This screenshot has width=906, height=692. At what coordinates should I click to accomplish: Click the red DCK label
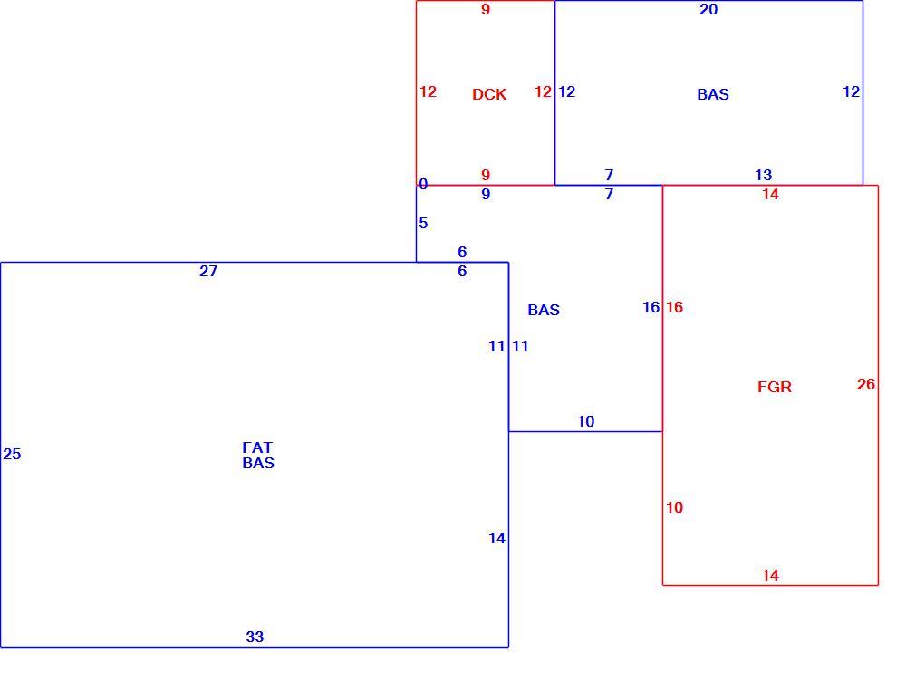click(x=489, y=94)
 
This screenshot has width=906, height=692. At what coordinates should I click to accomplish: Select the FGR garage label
click(x=775, y=387)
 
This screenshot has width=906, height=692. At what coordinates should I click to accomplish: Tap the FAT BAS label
click(x=257, y=456)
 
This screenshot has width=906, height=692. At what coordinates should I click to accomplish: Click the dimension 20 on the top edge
click(x=708, y=9)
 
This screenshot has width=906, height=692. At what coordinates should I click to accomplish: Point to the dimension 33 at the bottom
click(x=255, y=637)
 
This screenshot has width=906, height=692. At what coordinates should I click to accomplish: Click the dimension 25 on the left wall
click(x=12, y=454)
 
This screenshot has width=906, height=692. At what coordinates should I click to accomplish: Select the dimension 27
click(x=208, y=271)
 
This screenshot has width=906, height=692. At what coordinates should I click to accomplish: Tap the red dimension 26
click(x=866, y=384)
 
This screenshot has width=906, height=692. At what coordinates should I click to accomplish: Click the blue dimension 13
click(x=763, y=175)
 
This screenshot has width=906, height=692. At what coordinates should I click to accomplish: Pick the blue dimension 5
click(x=423, y=223)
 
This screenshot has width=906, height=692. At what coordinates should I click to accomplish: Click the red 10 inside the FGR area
click(x=674, y=507)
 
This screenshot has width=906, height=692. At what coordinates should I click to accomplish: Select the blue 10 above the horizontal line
click(x=586, y=421)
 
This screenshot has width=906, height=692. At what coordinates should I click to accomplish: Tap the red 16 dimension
click(x=674, y=307)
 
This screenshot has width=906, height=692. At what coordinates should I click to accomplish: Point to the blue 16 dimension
click(x=651, y=307)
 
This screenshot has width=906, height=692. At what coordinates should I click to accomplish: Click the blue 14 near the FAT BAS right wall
click(x=496, y=538)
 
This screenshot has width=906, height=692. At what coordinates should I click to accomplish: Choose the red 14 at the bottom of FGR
click(x=770, y=575)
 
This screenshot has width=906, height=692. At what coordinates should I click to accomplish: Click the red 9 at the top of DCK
click(x=486, y=9)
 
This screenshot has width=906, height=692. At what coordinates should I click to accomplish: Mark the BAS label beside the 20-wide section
click(x=713, y=94)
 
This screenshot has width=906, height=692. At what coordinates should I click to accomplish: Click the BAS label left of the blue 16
click(x=544, y=310)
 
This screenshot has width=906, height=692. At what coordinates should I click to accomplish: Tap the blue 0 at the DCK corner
click(x=423, y=184)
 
